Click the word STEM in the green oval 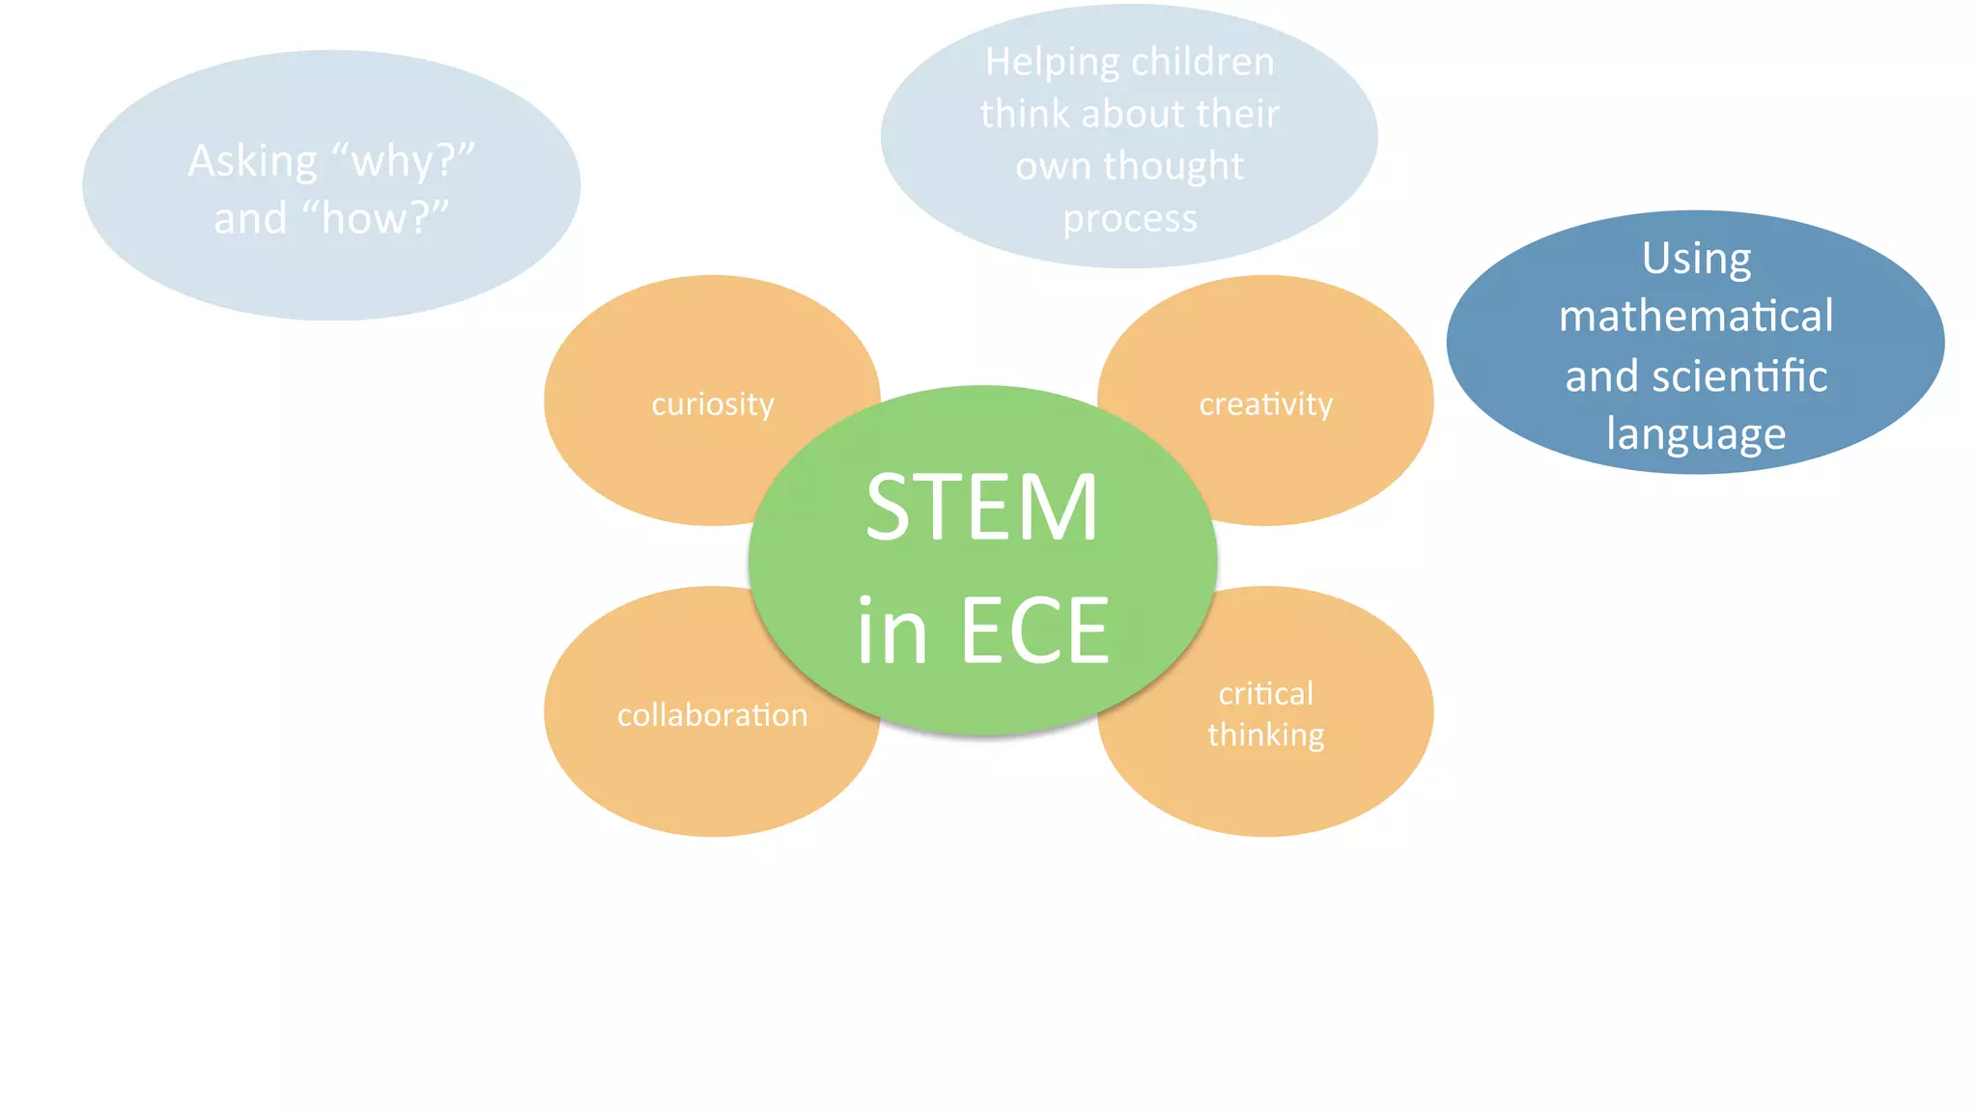coord(981,508)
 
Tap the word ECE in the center coord(1034,630)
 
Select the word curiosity coord(713,404)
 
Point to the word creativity coord(1265,404)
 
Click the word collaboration coord(713,715)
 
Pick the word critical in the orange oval coord(1265,693)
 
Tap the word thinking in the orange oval coord(1265,736)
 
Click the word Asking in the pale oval coord(252,161)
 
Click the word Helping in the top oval coord(1052,63)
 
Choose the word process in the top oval coord(1130,219)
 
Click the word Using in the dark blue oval coord(1696,259)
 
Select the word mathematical coord(1696,317)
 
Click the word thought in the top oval coord(1173,166)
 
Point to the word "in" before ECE coord(891,630)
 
